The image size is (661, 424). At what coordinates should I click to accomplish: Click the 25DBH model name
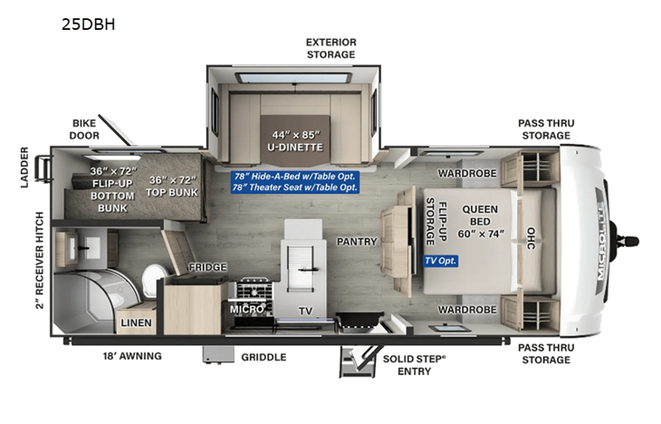click(88, 24)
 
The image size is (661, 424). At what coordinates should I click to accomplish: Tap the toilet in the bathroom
click(154, 280)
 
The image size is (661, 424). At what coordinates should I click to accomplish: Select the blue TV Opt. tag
click(440, 261)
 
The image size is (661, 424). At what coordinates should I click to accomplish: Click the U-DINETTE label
click(295, 147)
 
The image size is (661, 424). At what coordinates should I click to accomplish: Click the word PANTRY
click(356, 241)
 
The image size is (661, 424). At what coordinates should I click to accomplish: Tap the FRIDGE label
click(207, 268)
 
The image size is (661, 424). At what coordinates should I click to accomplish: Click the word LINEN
click(136, 323)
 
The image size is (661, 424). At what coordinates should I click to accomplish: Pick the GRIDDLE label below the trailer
click(263, 357)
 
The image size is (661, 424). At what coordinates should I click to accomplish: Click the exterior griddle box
click(218, 354)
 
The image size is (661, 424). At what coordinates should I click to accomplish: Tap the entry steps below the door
click(357, 362)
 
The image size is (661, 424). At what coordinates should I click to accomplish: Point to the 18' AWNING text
click(132, 356)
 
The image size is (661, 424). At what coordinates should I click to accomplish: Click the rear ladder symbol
click(43, 168)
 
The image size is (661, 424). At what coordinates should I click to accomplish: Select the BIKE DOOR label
click(84, 129)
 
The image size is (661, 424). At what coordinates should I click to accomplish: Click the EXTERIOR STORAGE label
click(331, 49)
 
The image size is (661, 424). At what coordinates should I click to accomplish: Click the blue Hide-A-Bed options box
click(295, 182)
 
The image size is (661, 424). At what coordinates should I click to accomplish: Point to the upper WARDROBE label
click(467, 174)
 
